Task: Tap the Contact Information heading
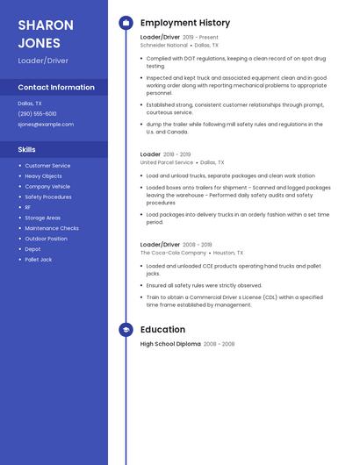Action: tap(56, 88)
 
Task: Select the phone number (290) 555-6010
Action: tap(37, 114)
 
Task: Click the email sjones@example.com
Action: tap(46, 125)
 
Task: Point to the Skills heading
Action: tap(26, 150)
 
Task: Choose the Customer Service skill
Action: tap(47, 166)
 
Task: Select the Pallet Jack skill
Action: tap(39, 260)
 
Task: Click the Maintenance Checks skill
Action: tap(52, 228)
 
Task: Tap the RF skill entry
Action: tap(28, 207)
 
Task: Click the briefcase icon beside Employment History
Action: tap(126, 23)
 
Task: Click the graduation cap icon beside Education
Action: tap(126, 330)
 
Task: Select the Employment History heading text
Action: tap(185, 23)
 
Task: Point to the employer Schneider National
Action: tap(164, 45)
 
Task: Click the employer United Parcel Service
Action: tap(167, 162)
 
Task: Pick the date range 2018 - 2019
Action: tap(176, 154)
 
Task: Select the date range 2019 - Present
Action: tap(200, 38)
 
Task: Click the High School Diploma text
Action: tap(170, 344)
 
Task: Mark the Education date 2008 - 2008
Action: tap(220, 344)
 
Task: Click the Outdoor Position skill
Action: tap(46, 239)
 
